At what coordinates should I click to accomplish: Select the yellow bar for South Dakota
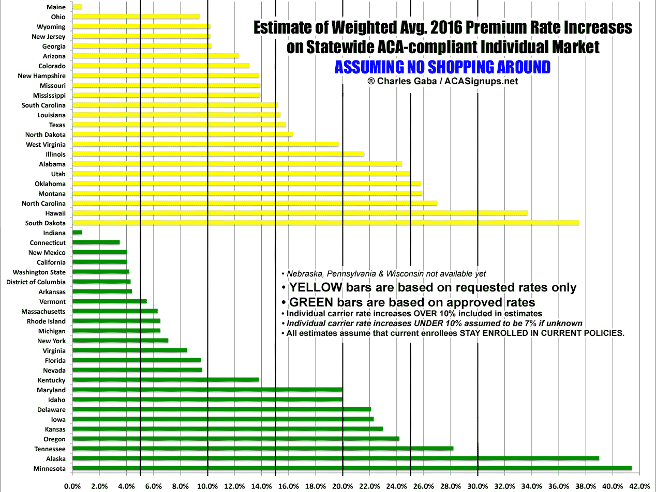pos(326,223)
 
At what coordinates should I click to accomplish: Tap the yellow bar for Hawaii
pos(300,213)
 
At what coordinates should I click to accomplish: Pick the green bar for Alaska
pos(336,458)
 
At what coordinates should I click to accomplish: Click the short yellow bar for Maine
pos(77,7)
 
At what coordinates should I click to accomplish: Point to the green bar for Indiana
pos(77,233)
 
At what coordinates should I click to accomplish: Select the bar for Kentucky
pos(166,380)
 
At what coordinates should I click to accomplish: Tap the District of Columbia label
pos(36,282)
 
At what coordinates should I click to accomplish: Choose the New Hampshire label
pos(42,75)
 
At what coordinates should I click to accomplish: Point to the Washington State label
pos(39,272)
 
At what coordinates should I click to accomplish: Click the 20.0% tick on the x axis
pos(342,486)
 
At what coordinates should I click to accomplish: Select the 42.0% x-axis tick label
pos(639,486)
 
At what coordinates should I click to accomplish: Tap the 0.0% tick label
pos(72,486)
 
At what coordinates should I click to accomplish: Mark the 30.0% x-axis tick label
pos(478,486)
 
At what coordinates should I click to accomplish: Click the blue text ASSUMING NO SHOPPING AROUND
pos(442,67)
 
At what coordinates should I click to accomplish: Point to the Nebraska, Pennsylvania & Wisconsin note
pos(383,274)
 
